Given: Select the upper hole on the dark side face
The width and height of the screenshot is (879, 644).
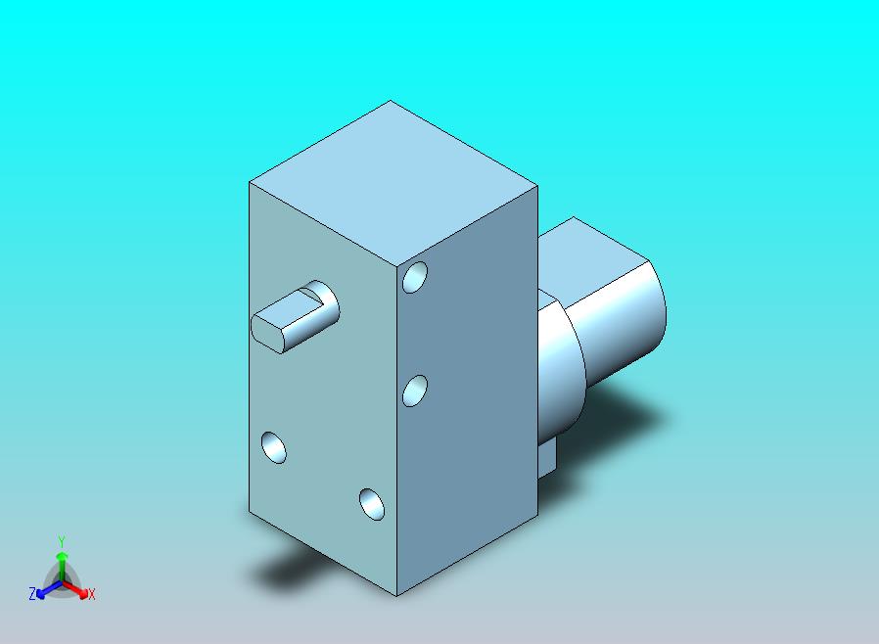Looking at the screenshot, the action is [x=415, y=277].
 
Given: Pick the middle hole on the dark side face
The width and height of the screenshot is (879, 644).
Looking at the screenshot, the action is [x=415, y=391].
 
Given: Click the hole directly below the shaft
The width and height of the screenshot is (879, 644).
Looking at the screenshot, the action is [x=273, y=448].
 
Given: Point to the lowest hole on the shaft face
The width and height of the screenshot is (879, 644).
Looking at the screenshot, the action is [x=372, y=504].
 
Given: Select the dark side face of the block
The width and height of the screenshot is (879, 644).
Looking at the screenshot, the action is [x=467, y=391].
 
